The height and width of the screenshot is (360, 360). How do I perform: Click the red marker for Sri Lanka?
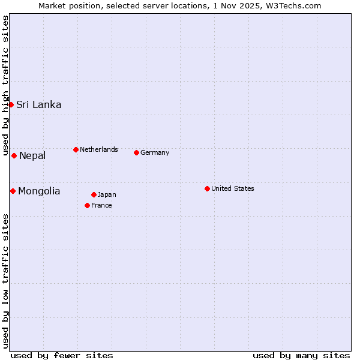(11, 104)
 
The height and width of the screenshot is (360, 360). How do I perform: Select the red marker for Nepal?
(14, 155)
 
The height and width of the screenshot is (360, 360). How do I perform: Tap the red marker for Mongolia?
(13, 191)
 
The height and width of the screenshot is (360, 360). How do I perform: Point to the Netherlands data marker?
(76, 149)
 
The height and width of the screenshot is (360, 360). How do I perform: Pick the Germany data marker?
(136, 152)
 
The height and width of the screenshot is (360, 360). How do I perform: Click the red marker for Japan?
(94, 194)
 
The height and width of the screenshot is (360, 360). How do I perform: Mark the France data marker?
(87, 205)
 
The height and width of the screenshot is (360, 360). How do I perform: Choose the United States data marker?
(207, 188)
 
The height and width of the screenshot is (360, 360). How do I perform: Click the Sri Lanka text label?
(38, 104)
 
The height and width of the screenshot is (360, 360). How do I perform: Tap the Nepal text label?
(32, 156)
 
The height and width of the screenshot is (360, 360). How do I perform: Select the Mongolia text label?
(39, 191)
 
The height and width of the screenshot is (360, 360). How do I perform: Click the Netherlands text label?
(99, 149)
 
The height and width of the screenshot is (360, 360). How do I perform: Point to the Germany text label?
(155, 152)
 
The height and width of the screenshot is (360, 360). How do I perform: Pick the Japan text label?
(107, 194)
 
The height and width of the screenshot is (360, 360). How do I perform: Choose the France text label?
(101, 205)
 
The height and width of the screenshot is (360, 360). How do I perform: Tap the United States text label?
(233, 188)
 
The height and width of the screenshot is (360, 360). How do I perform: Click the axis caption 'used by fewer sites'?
(62, 355)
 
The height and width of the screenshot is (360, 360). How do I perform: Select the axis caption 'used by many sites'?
(301, 355)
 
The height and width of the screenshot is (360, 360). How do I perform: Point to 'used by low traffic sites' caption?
(5, 281)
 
